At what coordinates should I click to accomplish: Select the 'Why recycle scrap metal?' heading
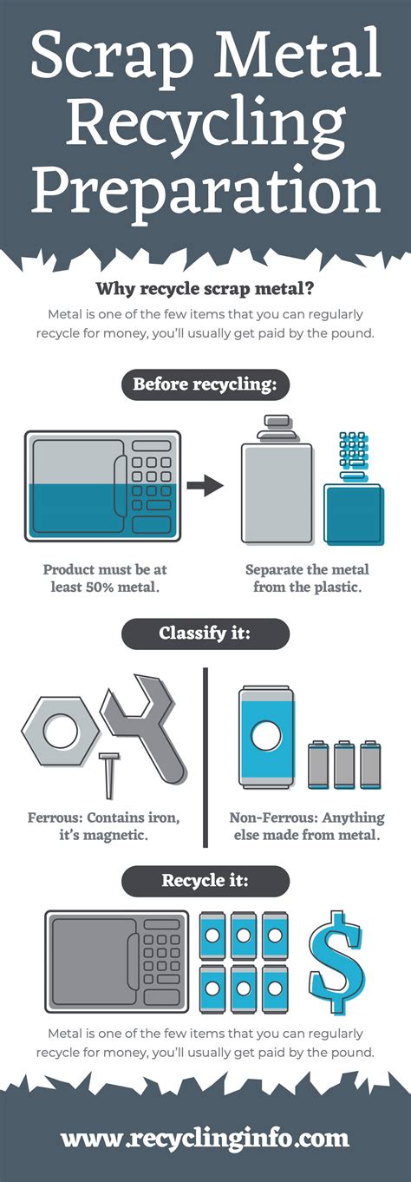point(205,289)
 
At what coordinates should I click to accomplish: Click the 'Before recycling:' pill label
point(205,384)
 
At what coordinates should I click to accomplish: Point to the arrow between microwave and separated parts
point(205,485)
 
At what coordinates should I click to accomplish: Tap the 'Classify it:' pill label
point(205,634)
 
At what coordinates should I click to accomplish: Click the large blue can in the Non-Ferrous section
point(266,737)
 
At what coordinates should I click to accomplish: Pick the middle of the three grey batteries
point(344,765)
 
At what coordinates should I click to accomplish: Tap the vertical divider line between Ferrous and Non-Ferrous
point(205,758)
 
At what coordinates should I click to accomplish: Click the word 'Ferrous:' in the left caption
point(55,818)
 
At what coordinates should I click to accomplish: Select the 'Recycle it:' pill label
point(205,880)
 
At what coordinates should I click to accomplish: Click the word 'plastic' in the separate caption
point(338,587)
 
